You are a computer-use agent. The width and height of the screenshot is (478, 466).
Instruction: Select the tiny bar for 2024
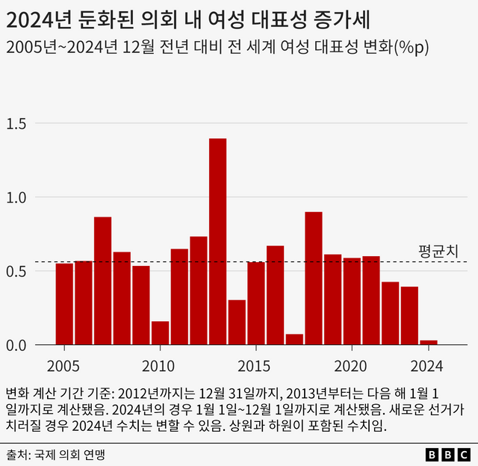pos(429,342)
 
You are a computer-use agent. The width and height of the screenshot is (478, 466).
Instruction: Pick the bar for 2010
pos(160,333)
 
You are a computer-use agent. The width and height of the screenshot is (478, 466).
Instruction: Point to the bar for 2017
pos(294,339)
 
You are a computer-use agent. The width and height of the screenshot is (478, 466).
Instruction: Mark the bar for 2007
pos(102,281)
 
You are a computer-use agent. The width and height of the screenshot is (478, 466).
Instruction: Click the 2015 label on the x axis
pos(256,367)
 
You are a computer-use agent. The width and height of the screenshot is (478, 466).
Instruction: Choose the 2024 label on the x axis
pos(429,367)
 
